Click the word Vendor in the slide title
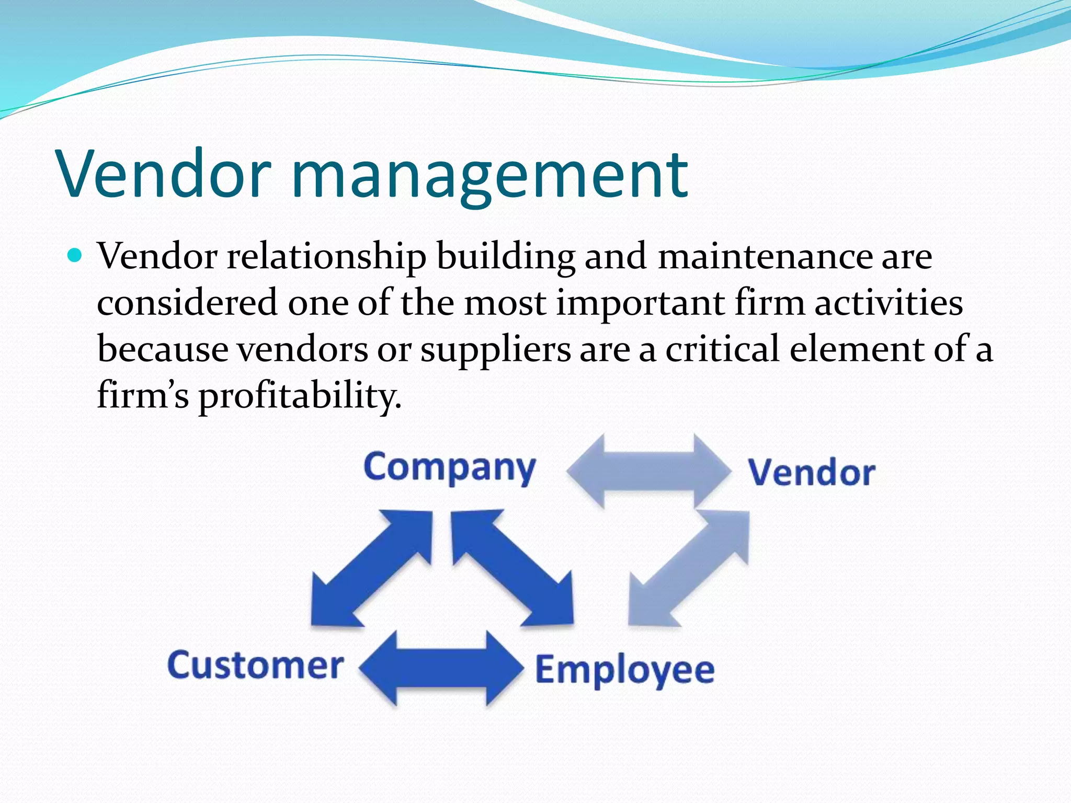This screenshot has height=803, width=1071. coord(165,174)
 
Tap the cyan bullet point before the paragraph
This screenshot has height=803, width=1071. coord(75,256)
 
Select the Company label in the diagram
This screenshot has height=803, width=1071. coord(450,467)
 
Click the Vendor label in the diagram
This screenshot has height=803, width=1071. coord(811,473)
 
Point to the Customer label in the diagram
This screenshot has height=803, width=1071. coord(255,666)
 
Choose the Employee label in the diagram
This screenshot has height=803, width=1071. coord(624,670)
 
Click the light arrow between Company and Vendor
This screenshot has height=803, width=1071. coord(648,471)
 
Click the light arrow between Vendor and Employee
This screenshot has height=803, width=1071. coord(689,569)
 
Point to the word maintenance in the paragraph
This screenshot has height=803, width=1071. coord(765,257)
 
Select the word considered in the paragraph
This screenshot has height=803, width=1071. coord(187,303)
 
